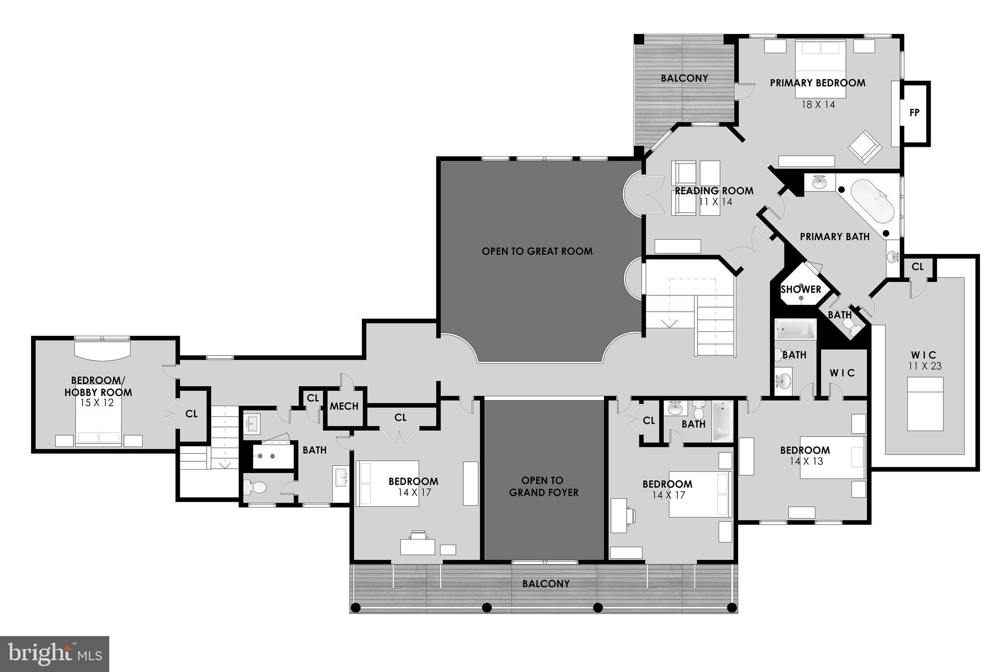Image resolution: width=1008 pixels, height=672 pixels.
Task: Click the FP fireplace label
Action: coord(914,113)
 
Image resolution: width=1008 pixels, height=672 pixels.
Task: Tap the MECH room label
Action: coord(344,406)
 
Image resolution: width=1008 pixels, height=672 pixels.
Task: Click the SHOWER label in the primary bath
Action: coord(801,289)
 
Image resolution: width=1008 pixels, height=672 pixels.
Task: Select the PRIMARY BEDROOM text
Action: coord(818,83)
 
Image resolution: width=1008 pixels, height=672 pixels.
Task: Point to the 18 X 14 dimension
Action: coord(818,104)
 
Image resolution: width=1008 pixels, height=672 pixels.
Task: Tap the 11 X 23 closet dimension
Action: coord(923,366)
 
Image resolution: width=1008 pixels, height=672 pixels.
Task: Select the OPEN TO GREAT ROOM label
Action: coord(537,251)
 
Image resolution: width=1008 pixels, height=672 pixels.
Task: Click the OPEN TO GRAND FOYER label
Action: coord(543,486)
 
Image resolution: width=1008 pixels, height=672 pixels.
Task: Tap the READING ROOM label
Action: coord(714,191)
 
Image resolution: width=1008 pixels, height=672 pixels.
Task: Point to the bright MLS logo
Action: coord(55,654)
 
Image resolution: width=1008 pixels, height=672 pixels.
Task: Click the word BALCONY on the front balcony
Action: coord(546,584)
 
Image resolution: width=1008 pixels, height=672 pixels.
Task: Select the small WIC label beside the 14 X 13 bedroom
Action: coord(842,373)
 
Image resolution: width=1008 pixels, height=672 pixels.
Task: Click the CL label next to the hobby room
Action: coord(191,414)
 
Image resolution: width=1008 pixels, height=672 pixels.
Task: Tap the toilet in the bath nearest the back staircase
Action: coord(255,487)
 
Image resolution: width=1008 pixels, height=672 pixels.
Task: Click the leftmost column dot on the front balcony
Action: coord(356,608)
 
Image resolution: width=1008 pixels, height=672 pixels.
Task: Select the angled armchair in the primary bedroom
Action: coord(864,146)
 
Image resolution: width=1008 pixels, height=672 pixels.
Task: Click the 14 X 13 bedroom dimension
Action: coord(806,461)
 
